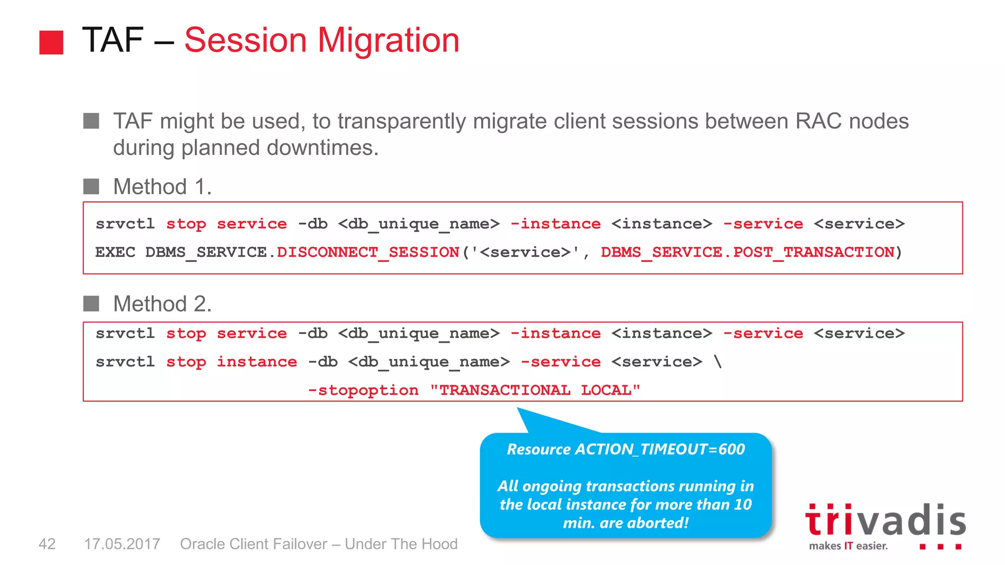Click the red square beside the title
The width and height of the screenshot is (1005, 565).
coord(51,42)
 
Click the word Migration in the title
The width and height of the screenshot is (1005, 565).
coord(388,40)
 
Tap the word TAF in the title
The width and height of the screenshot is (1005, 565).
coord(112,40)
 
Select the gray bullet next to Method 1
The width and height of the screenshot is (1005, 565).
coord(91,186)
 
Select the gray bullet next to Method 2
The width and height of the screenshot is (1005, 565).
coord(91,304)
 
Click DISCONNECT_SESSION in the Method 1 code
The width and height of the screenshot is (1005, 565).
coord(368,252)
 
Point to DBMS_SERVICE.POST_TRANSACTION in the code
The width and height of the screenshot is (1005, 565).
coord(747,252)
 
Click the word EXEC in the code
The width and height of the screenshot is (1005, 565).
coord(115,252)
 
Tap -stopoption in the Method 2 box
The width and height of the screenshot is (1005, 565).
coord(363,390)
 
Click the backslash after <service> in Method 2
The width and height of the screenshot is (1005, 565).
coord(718,362)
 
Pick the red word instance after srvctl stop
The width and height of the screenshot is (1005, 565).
coord(257,362)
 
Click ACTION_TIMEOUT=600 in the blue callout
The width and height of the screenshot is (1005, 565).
coord(660,449)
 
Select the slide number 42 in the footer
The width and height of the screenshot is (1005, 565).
coord(47,544)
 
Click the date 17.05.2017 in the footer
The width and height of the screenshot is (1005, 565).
coord(122,544)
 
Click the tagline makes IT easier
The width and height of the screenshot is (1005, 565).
coord(848,546)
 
